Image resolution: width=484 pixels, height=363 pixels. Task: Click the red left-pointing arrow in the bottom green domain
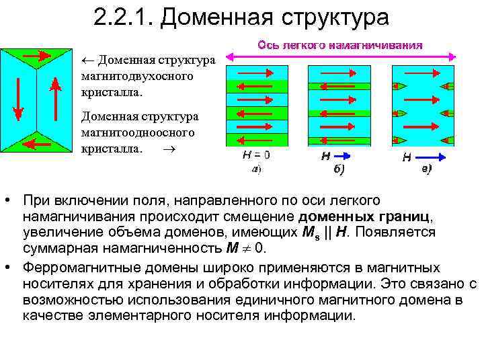click(38, 143)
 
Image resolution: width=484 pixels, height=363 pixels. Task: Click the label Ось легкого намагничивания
click(340, 46)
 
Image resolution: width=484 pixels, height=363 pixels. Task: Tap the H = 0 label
click(256, 155)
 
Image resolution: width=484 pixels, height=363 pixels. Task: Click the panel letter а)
click(256, 169)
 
